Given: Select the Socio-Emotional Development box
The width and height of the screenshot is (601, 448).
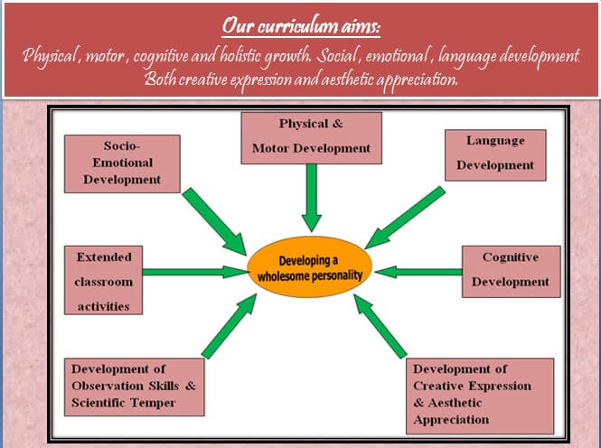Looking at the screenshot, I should point(121,163).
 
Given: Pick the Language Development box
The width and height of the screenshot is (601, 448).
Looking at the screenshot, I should point(495,153).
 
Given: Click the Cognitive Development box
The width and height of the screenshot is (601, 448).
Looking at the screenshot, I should point(511,269).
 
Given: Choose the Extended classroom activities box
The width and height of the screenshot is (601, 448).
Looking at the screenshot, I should point(103,281).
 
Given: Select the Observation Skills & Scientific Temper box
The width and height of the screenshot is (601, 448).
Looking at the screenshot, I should point(134,387).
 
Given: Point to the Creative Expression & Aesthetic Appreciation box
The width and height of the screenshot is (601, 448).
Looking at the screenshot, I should point(480,394).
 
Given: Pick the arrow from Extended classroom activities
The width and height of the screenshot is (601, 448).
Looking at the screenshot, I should point(194,270).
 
